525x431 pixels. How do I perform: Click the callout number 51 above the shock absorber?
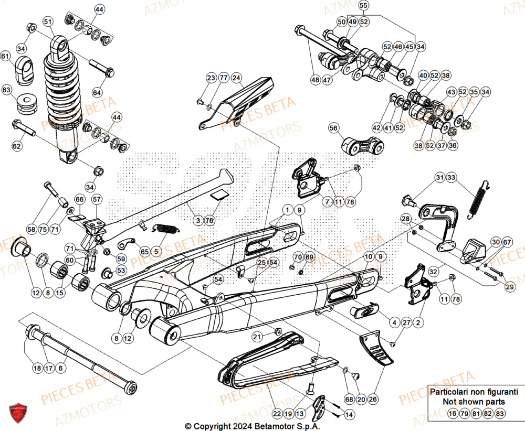coord(48,21)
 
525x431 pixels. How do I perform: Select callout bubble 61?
coord(5,56)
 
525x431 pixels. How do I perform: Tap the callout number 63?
coord(6,90)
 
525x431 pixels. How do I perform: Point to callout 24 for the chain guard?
coord(237,78)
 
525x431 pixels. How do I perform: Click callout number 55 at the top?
coord(378,6)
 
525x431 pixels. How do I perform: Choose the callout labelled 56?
coord(333,127)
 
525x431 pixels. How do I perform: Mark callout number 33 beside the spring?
coord(452,178)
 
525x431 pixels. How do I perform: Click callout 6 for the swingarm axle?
coord(60,369)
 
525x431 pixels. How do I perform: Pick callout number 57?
coord(97,199)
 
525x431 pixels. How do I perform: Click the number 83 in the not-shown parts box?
coord(500,414)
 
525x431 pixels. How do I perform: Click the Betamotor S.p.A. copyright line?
coord(252,426)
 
